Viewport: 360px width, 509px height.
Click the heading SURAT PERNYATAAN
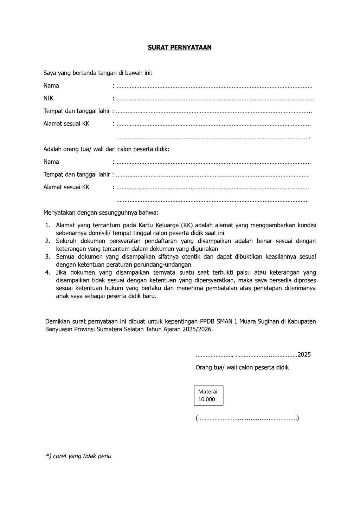click(x=179, y=47)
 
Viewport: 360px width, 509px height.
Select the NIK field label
click(x=48, y=98)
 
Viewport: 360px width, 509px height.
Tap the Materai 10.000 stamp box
click(x=208, y=395)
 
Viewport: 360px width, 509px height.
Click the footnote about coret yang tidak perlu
click(x=78, y=456)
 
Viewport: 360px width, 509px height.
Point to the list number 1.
click(x=47, y=225)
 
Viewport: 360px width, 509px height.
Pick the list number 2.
click(x=47, y=241)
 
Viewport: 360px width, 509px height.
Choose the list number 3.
click(x=47, y=257)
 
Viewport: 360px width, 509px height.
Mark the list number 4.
click(x=47, y=273)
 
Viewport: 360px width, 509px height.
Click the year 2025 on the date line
click(x=304, y=354)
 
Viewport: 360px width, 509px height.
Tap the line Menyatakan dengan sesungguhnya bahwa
click(x=101, y=213)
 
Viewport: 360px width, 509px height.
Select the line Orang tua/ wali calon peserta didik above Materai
click(x=242, y=367)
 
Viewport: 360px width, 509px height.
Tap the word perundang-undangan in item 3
click(x=166, y=265)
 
